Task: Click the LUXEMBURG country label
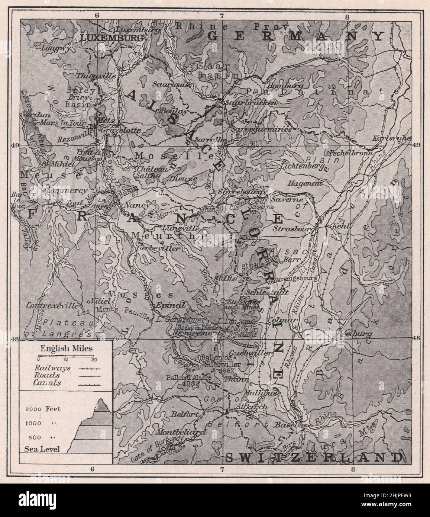(111, 38)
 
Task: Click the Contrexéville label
(53, 305)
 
